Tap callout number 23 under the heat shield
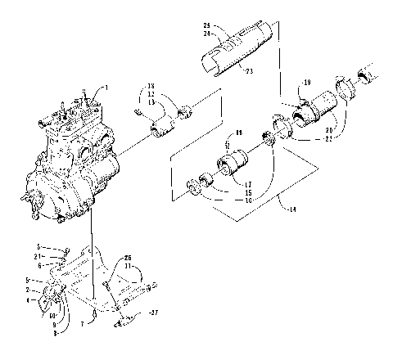pos(249,71)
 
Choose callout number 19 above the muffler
pos(308,83)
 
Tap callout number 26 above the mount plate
pos(128,259)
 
